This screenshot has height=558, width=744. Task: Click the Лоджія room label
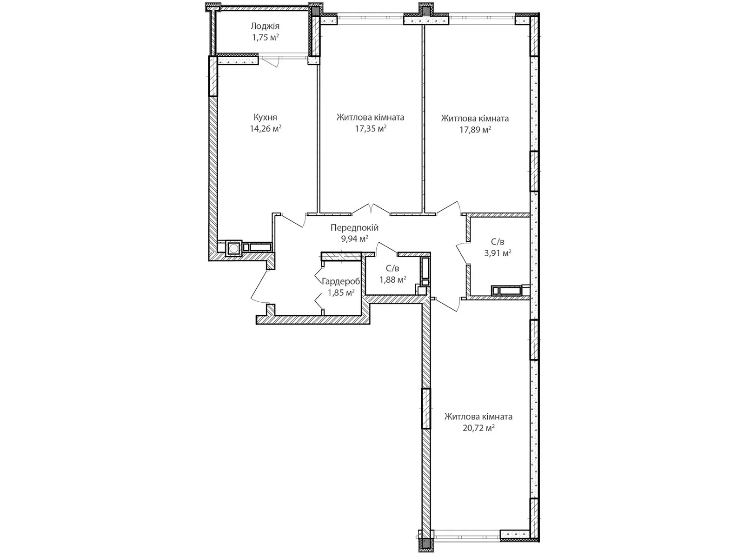[x=265, y=27]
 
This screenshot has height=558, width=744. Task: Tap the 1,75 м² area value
[x=265, y=37]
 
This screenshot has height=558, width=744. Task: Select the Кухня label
[x=266, y=117]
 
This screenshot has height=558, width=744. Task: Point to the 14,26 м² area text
[x=266, y=128]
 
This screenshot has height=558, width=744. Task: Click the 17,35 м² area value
[x=371, y=129]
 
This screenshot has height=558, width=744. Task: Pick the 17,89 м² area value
[x=475, y=130]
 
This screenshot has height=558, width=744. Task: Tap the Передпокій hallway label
[x=354, y=228]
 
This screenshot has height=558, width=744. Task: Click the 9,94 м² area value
[x=354, y=239]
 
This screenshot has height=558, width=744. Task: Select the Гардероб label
[x=341, y=281]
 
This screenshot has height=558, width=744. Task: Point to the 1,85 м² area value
[x=341, y=292]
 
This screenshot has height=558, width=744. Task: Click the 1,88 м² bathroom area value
[x=393, y=279]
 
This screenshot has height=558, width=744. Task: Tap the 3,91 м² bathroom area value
[x=498, y=253]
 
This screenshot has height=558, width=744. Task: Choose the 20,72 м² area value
[x=478, y=428]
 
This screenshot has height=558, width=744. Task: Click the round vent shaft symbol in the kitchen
[x=233, y=248]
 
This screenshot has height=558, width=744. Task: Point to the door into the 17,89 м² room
[x=448, y=208]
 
